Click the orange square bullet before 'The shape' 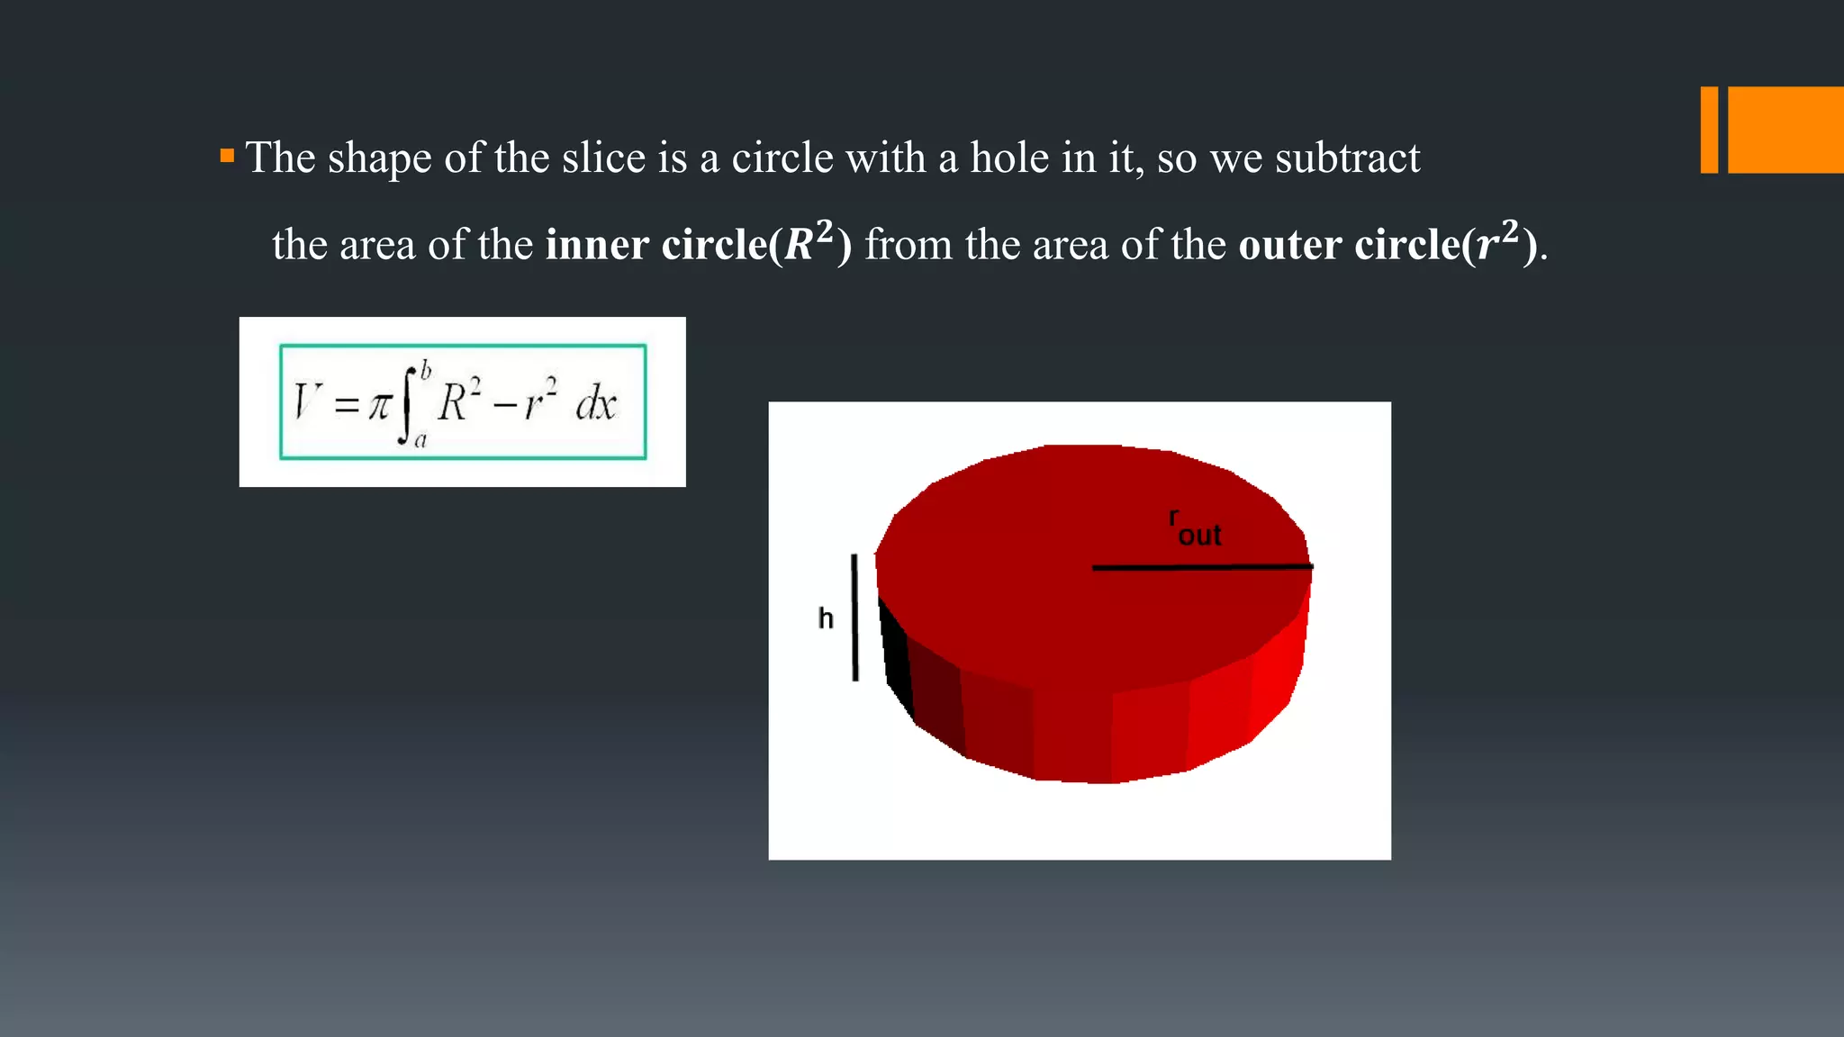coord(227,157)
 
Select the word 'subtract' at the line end coord(1347,158)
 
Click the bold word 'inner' coord(597,245)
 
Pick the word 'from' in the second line coord(908,245)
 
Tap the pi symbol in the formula coord(379,406)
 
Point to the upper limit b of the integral coord(426,370)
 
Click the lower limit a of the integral coord(420,440)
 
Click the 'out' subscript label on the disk coord(1199,536)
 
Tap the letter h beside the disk coord(826,618)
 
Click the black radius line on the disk coord(1202,567)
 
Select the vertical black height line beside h coord(854,618)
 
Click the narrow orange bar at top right coord(1709,130)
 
